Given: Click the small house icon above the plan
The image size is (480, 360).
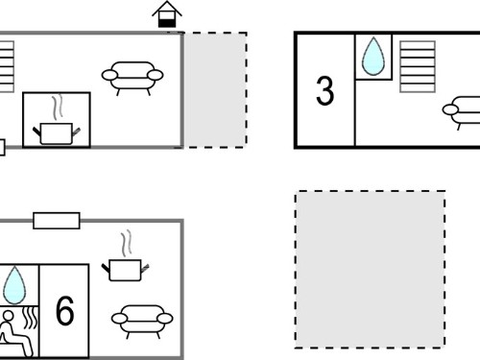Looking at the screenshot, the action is click(x=167, y=14).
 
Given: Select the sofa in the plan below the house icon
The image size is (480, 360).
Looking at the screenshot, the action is click(x=132, y=78).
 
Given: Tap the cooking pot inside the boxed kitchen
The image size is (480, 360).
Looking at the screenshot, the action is click(x=57, y=133).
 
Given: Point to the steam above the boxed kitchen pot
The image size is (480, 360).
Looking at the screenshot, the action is click(x=58, y=107).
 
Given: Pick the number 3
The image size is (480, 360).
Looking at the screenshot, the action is click(x=324, y=90).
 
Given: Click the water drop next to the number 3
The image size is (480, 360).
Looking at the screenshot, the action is click(x=373, y=57).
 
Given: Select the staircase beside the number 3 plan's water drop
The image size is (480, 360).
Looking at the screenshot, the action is click(x=418, y=66).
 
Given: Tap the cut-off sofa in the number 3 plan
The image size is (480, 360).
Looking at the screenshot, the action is click(x=462, y=112).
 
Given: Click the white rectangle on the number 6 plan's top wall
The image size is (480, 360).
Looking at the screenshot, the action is click(x=57, y=221).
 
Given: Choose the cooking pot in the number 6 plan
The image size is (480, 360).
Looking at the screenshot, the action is click(x=125, y=270).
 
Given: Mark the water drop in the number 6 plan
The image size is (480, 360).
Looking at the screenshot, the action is click(x=14, y=285).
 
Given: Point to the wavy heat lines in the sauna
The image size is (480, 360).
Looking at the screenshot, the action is click(x=31, y=318).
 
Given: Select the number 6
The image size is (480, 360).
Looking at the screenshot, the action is click(x=64, y=310).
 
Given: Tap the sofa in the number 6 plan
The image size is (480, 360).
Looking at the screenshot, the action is click(x=142, y=321).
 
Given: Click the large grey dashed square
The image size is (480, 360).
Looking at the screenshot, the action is click(x=370, y=270).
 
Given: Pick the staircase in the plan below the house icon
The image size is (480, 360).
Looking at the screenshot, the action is click(x=7, y=66).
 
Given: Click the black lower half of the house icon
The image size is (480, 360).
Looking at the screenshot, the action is click(x=167, y=23).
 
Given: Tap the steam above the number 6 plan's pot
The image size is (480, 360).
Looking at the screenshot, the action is click(x=126, y=243).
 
